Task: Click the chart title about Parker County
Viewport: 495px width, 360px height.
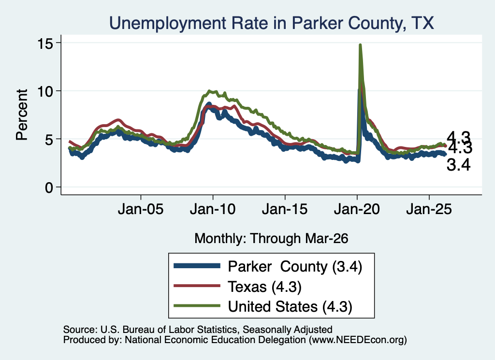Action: [272, 23]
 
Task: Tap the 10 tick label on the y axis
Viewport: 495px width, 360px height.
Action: [45, 91]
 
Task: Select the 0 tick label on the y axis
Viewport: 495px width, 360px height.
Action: [49, 187]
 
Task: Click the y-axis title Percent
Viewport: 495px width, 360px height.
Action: [22, 115]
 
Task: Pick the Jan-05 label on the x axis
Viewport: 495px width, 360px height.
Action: [141, 209]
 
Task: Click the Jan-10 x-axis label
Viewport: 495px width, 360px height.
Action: [213, 209]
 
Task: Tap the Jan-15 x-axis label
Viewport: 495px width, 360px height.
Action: [285, 209]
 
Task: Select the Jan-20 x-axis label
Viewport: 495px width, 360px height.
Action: [357, 209]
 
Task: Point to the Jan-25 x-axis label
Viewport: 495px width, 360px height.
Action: [429, 209]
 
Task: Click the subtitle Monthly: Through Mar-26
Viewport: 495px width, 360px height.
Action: [271, 239]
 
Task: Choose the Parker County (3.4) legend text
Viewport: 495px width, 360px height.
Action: [295, 267]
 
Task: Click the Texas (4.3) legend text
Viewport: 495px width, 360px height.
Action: [264, 287]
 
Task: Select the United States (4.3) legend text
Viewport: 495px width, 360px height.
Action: [290, 307]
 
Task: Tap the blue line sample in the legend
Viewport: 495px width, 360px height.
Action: [197, 266]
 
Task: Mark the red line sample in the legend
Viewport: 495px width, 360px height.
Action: [197, 286]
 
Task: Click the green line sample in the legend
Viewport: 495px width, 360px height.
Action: [197, 306]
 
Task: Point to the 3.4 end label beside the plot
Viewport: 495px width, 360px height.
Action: [458, 165]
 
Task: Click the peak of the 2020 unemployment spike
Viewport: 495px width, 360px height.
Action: [360, 45]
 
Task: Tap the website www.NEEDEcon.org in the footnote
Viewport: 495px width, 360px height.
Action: [358, 340]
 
